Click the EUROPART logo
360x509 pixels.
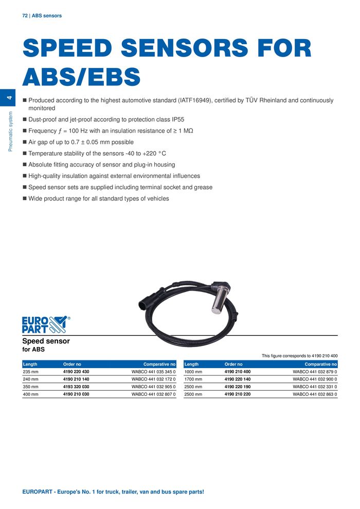(45, 324)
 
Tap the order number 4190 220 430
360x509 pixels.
(76, 371)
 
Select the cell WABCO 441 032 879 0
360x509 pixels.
(315, 371)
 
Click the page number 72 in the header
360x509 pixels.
(25, 16)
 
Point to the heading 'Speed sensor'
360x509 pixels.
(46, 341)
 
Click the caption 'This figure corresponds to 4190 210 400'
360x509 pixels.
(299, 355)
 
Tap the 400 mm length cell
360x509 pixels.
(31, 394)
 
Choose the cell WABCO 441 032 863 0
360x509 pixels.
(315, 394)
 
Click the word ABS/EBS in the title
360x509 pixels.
(81, 78)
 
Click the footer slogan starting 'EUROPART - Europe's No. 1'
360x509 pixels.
(113, 492)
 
